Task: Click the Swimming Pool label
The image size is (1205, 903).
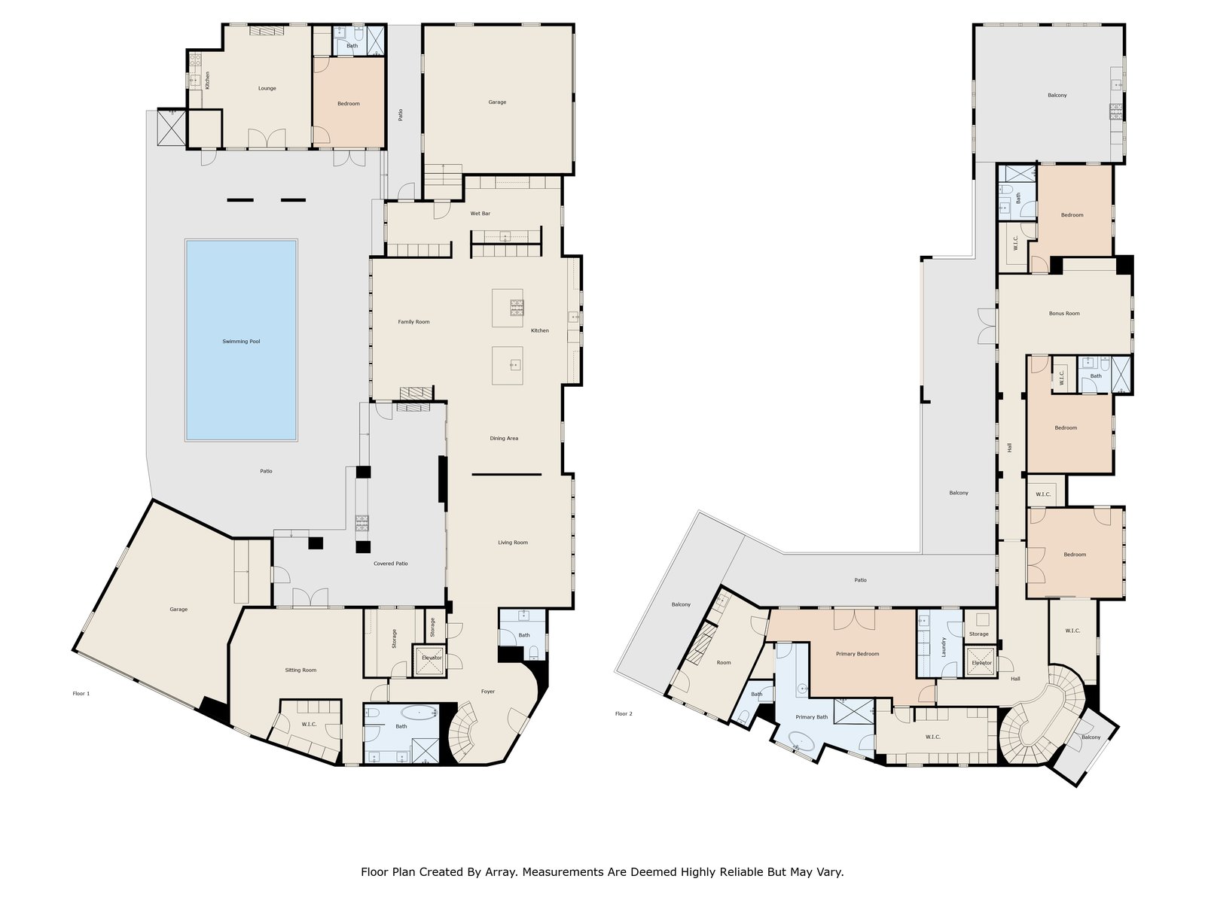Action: coord(241,342)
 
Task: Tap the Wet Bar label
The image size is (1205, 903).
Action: coord(480,213)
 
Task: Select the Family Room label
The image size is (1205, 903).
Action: coord(414,322)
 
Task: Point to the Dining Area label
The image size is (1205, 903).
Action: coord(504,438)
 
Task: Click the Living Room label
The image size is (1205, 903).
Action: coord(513,543)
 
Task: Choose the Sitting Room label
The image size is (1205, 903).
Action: coord(300,670)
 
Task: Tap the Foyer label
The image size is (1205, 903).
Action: coord(488,692)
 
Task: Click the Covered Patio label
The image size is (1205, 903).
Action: coord(391,563)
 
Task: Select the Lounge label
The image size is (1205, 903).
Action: coord(267,88)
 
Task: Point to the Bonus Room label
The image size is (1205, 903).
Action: coord(1064,314)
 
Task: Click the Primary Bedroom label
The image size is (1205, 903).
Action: coord(858,653)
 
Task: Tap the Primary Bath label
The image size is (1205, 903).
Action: coord(811,716)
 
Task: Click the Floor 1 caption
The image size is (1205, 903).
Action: coord(81,694)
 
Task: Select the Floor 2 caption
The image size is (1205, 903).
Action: coord(624,714)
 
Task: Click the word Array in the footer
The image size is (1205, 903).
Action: coord(500,871)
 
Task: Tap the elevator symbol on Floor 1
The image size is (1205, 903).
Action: coord(429,661)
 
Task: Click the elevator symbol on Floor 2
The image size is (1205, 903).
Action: coord(981,662)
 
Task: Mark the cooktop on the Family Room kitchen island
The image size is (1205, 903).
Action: coord(517,308)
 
